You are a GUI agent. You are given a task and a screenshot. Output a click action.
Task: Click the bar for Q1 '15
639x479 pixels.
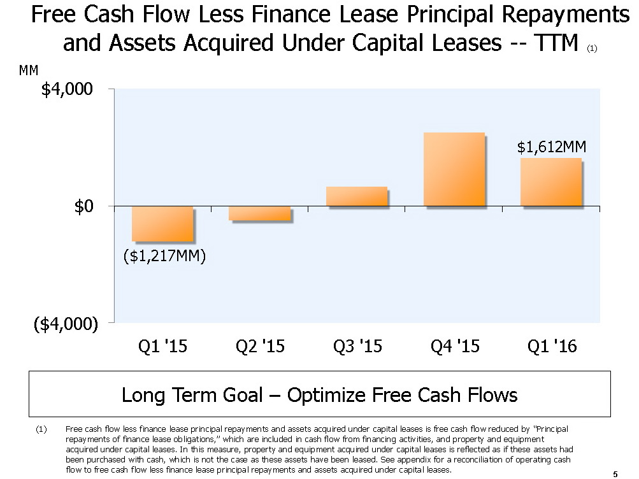(x=162, y=224)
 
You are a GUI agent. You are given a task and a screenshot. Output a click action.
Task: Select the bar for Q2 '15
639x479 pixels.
(x=260, y=213)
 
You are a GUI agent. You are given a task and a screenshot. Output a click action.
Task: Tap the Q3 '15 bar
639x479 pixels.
(x=357, y=196)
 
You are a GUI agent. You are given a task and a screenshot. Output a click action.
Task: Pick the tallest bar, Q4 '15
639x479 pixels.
(x=454, y=169)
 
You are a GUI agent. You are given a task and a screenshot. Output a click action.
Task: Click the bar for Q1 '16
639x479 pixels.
(x=551, y=182)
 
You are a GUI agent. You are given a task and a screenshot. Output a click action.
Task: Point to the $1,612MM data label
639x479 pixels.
(x=551, y=148)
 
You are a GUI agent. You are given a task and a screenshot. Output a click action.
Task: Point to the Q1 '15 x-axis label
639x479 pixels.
(x=162, y=347)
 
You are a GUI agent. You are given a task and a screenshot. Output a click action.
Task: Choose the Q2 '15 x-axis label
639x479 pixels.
(x=260, y=347)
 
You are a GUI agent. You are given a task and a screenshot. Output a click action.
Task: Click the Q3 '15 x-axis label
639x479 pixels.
(x=357, y=347)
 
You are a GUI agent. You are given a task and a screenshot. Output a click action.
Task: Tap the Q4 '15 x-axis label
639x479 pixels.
(x=455, y=347)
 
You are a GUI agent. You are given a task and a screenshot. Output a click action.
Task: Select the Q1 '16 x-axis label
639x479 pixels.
(x=552, y=347)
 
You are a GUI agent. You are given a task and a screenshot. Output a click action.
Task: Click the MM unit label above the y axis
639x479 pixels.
(x=29, y=70)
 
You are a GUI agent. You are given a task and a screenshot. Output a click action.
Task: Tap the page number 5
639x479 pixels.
(x=615, y=473)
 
